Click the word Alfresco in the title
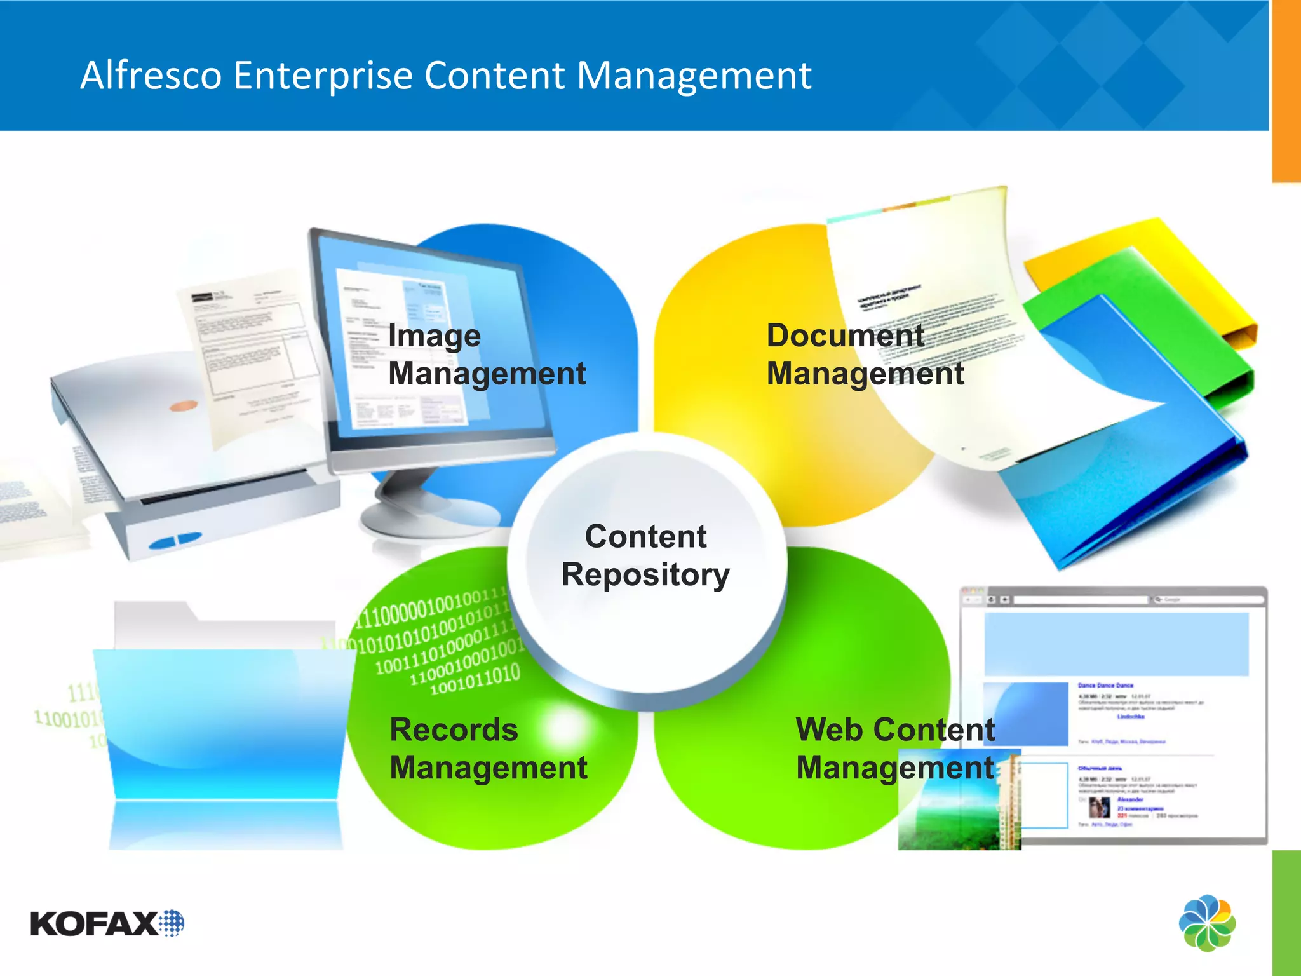tap(151, 76)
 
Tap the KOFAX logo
tap(107, 923)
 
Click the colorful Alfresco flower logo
tap(1207, 923)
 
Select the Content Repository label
tap(645, 555)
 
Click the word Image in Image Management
tap(434, 335)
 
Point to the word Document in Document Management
tap(845, 335)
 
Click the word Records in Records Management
tap(454, 729)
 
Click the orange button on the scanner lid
tap(184, 405)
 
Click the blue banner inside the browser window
tap(1116, 644)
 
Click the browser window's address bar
tap(1080, 599)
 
